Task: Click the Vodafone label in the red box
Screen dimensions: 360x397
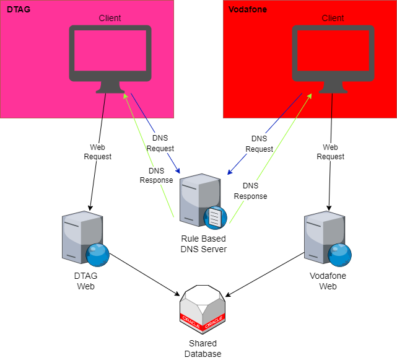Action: pyautogui.click(x=248, y=10)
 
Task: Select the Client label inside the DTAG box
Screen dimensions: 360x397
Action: pyautogui.click(x=110, y=18)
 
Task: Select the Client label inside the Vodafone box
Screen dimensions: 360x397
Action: pyautogui.click(x=333, y=18)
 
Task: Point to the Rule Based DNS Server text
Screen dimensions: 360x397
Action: pyautogui.click(x=203, y=244)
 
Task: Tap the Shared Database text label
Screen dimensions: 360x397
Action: pyautogui.click(x=203, y=349)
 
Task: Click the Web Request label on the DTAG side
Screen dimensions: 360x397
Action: pyautogui.click(x=97, y=152)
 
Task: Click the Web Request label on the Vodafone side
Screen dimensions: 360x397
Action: pyautogui.click(x=330, y=152)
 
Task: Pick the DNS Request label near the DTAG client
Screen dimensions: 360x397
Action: pyautogui.click(x=163, y=144)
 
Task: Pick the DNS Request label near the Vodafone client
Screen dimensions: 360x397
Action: pyautogui.click(x=259, y=144)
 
